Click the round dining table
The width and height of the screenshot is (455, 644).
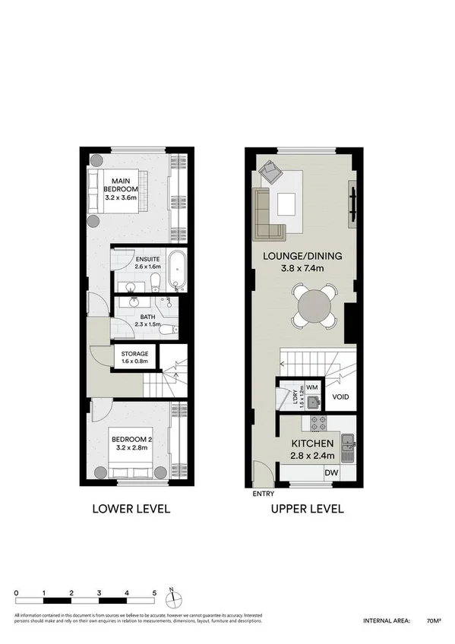click(314, 307)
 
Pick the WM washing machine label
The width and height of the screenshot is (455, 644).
click(311, 387)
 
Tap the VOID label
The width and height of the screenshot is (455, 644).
click(340, 396)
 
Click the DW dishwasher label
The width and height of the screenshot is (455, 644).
click(330, 473)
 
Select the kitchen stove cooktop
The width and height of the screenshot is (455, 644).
click(317, 423)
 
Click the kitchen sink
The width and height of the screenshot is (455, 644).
click(349, 441)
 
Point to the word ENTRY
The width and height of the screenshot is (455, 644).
click(264, 494)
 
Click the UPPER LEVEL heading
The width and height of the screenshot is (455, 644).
click(307, 509)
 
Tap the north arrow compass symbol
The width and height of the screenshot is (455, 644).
click(173, 593)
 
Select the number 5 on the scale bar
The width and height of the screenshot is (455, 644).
click(154, 592)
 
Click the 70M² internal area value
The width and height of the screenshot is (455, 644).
click(433, 620)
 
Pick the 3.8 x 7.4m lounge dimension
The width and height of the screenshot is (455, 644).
click(302, 268)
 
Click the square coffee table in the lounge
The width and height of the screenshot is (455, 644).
click(286, 204)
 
